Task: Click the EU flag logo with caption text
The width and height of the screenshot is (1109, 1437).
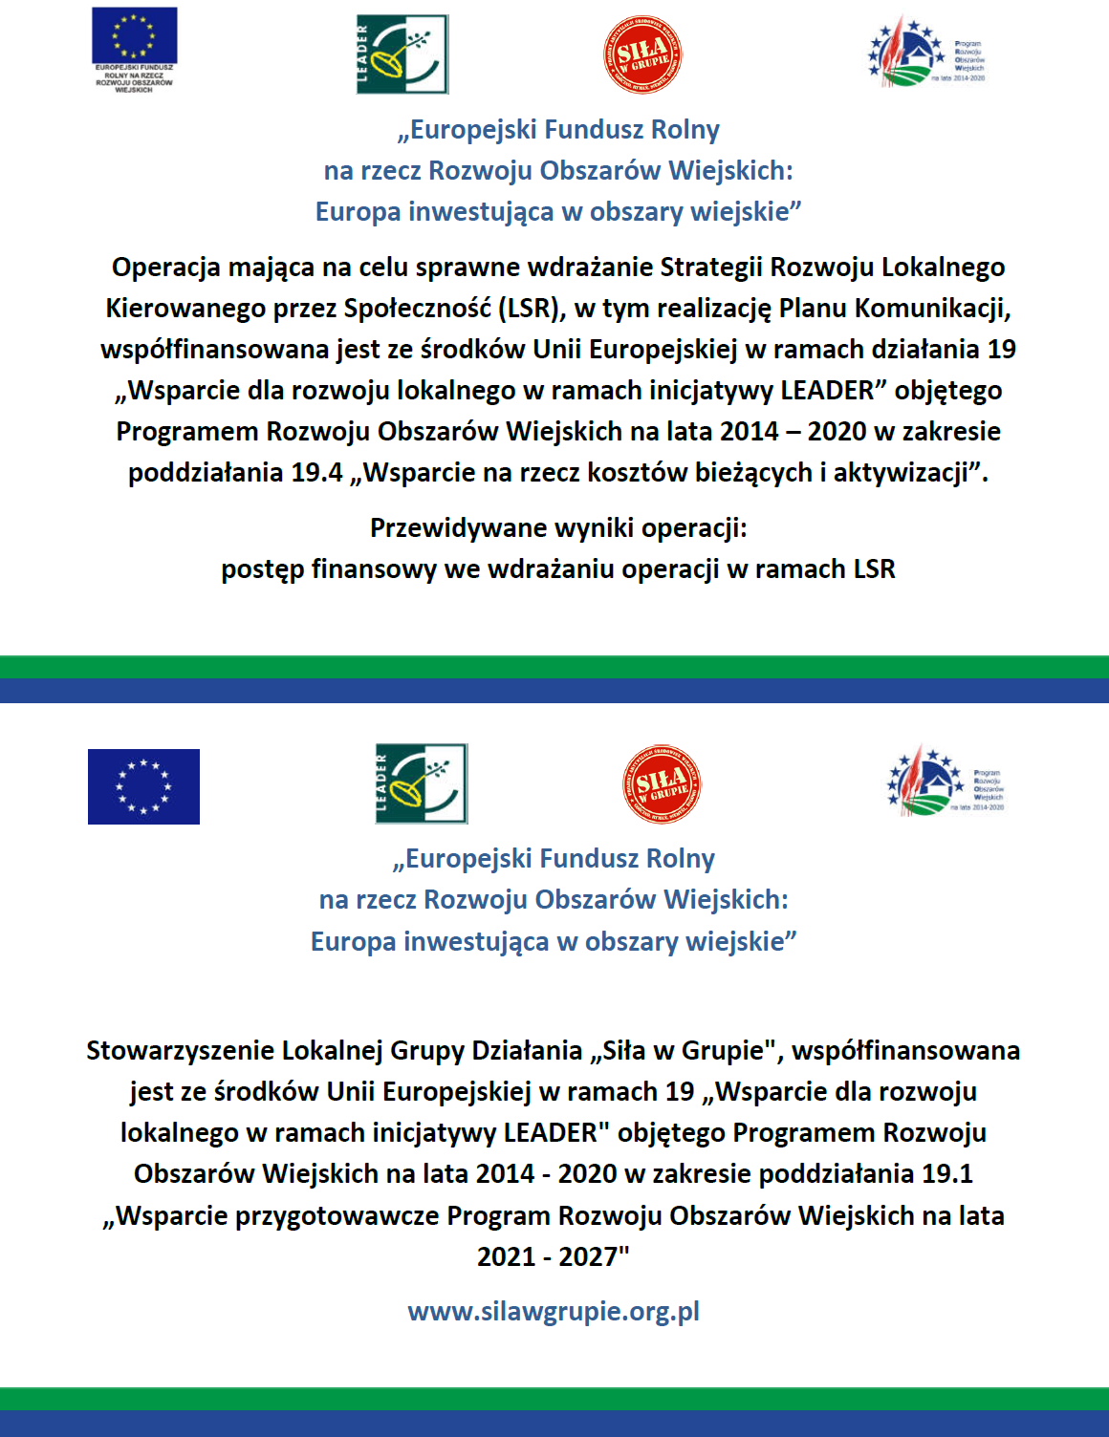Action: tap(134, 50)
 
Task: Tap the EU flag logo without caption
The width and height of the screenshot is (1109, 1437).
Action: tap(143, 786)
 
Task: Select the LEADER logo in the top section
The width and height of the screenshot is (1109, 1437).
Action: tap(402, 54)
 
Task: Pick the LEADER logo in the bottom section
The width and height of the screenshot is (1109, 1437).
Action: tap(422, 783)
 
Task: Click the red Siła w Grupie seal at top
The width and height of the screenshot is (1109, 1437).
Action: tap(642, 54)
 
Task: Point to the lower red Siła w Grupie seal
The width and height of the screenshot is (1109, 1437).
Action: tap(662, 784)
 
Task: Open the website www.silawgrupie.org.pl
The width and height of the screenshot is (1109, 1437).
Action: tap(554, 1311)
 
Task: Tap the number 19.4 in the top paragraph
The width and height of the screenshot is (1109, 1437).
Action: tap(316, 473)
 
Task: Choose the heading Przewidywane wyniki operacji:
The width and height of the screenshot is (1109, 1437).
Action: tap(558, 527)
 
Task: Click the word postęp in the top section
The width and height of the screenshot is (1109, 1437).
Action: tap(263, 569)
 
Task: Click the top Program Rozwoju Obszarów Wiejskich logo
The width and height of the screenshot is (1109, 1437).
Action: tap(925, 53)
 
